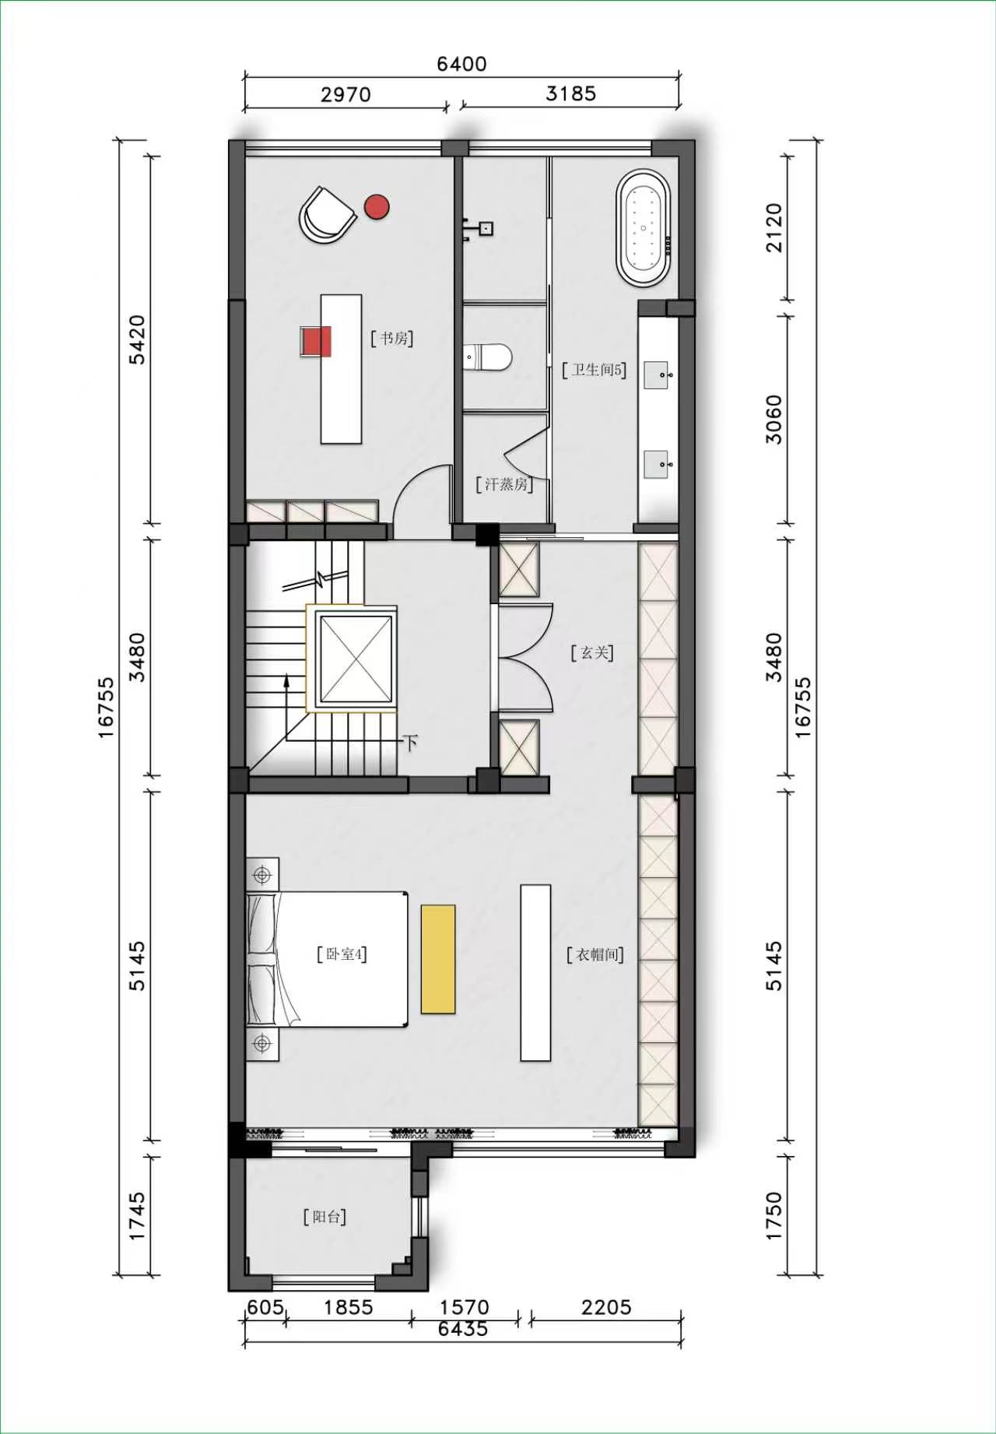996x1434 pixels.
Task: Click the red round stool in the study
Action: (377, 206)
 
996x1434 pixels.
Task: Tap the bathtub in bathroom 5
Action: (644, 227)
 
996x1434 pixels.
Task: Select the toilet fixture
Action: (487, 357)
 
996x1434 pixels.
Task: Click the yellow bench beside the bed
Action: (438, 959)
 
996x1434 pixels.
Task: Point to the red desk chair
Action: (316, 341)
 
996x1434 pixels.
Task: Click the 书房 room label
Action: (392, 338)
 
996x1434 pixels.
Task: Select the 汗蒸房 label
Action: (504, 484)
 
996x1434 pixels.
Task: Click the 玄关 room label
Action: (592, 652)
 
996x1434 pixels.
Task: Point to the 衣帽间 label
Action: (595, 954)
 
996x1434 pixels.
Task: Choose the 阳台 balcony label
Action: (324, 1217)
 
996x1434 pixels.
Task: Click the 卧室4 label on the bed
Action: (342, 954)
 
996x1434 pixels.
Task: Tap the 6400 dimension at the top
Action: (461, 64)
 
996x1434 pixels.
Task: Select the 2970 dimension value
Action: (345, 94)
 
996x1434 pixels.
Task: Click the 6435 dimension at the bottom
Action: (463, 1329)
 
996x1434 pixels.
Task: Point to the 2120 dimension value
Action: (774, 227)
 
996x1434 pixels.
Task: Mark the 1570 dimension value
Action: (464, 1307)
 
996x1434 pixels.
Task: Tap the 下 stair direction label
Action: (411, 742)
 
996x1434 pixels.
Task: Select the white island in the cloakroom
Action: (535, 972)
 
